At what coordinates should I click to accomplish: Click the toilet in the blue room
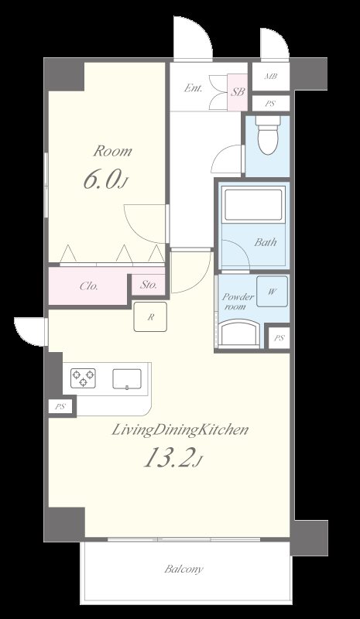(268, 135)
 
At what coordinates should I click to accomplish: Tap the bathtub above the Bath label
(253, 204)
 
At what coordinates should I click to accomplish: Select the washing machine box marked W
(272, 292)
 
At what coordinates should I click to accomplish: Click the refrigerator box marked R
(150, 316)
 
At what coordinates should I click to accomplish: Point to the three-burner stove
(83, 378)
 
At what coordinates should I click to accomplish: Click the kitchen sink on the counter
(127, 379)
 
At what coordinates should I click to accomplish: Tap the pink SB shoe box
(238, 92)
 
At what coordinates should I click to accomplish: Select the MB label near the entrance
(271, 76)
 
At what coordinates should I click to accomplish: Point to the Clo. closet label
(89, 286)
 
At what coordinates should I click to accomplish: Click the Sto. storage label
(148, 284)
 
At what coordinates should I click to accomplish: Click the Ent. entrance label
(194, 88)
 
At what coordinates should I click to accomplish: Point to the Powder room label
(237, 302)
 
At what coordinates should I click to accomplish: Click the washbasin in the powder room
(238, 334)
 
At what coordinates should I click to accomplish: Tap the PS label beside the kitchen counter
(60, 407)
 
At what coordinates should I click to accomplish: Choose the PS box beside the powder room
(279, 338)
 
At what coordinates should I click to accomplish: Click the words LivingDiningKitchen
(180, 430)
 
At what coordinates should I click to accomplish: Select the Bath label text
(265, 241)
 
